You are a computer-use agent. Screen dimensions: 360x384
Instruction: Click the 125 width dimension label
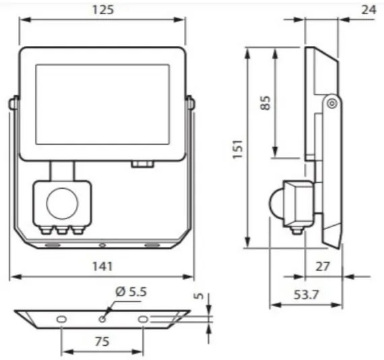(x=102, y=9)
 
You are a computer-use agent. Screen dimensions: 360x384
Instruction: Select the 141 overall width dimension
(x=102, y=268)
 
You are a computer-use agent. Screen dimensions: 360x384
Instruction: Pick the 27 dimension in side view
(x=323, y=266)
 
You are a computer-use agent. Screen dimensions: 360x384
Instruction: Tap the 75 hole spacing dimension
(x=102, y=342)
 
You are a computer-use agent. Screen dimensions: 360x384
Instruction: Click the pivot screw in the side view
(x=331, y=102)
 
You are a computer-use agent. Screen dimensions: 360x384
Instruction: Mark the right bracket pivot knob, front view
(x=191, y=104)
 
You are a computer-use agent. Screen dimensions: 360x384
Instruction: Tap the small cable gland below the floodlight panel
(x=143, y=163)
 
